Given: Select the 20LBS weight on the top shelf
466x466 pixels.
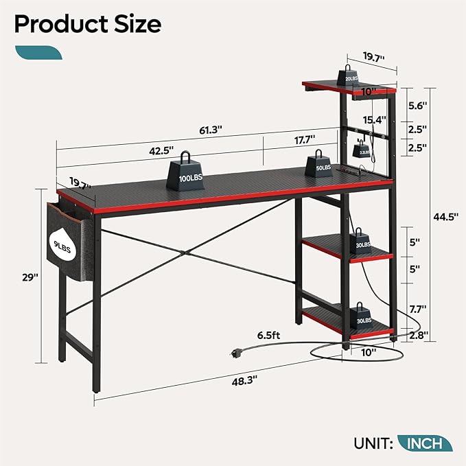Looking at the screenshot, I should click(351, 76).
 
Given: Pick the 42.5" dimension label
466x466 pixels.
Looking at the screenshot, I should click(160, 150).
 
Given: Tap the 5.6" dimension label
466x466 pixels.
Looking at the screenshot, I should click(417, 106).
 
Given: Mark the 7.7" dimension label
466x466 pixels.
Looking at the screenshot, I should click(417, 309).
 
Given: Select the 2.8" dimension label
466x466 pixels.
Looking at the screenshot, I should click(417, 336).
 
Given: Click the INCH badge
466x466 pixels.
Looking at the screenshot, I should click(425, 443).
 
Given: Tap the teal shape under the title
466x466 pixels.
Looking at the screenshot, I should click(39, 53).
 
